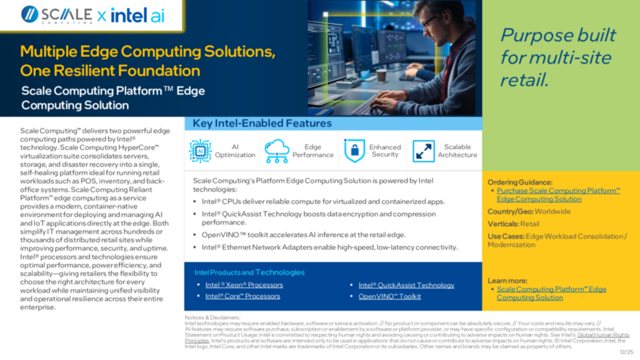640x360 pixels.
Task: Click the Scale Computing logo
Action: click(x=57, y=15)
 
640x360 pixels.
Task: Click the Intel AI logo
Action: click(x=137, y=15)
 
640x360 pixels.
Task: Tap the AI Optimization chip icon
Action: click(x=200, y=151)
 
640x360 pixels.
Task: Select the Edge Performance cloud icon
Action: click(x=276, y=151)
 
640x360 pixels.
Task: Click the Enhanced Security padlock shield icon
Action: click(x=354, y=151)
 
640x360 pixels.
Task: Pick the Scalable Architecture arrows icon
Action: click(x=423, y=151)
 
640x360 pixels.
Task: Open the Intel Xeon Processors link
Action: click(x=244, y=285)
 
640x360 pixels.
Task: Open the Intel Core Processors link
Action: click(x=242, y=296)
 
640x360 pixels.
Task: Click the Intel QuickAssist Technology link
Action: click(x=406, y=285)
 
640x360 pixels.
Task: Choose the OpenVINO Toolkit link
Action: click(x=390, y=296)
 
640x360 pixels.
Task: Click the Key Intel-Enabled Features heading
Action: click(x=262, y=123)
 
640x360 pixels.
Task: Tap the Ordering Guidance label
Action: click(x=520, y=182)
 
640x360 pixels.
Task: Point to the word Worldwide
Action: click(x=552, y=211)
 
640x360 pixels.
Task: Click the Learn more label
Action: click(x=507, y=281)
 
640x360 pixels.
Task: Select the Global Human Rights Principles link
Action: click(x=603, y=335)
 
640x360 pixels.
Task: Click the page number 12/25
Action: click(x=626, y=352)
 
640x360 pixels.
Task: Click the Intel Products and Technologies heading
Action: click(x=249, y=272)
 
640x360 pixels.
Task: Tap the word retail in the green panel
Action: click(x=524, y=80)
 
